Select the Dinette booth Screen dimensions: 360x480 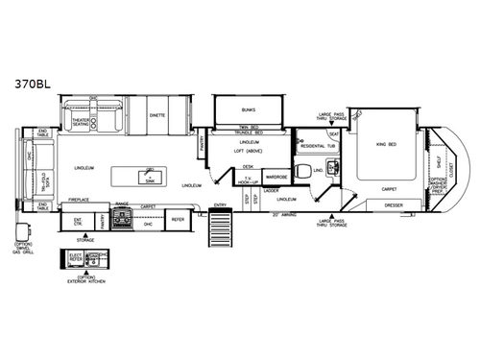(x=156, y=115)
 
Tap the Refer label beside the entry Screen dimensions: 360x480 (x=178, y=220)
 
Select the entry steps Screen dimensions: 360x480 (x=223, y=233)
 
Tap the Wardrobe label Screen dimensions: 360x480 (x=276, y=177)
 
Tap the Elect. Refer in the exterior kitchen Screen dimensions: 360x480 (x=75, y=258)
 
